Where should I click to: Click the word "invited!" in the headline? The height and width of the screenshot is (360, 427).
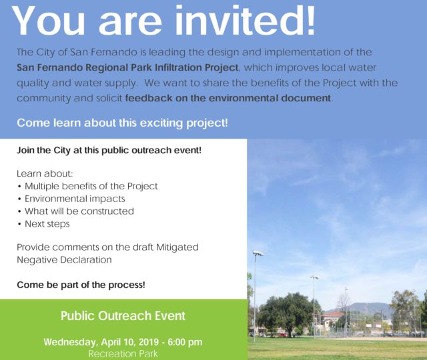(245, 21)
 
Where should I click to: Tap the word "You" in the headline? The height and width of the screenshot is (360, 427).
(48, 21)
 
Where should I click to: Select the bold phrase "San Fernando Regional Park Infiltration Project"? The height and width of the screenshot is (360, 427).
(127, 67)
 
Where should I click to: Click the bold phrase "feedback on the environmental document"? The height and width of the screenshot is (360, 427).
(228, 98)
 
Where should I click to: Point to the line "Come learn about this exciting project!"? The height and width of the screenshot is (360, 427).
(122, 123)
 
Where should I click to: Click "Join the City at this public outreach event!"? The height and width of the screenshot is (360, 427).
(109, 150)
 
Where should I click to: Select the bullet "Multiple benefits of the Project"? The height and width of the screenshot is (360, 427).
(91, 186)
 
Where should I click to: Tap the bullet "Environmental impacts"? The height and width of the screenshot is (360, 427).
(75, 199)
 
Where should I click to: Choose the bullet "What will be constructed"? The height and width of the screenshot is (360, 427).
(79, 211)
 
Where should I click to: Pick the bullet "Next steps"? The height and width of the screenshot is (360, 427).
(47, 224)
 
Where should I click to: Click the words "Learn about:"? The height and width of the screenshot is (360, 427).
(45, 173)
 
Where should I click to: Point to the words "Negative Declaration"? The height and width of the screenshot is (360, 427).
(64, 259)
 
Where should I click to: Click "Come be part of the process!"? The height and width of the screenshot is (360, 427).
(81, 285)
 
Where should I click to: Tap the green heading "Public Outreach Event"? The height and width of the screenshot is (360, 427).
(123, 315)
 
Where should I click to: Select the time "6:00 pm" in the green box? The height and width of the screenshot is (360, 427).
(185, 342)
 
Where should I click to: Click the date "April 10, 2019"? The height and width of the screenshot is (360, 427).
(130, 342)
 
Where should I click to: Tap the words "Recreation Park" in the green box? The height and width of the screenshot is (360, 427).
(123, 354)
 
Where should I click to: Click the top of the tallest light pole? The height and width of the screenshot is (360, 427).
(258, 253)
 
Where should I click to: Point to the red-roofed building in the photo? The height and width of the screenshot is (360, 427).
(334, 320)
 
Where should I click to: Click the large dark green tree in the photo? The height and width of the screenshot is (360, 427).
(286, 313)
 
